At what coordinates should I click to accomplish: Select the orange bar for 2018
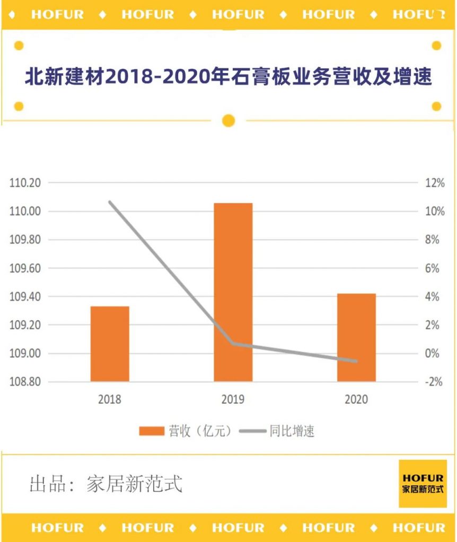110,344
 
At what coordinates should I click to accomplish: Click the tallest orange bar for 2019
233,292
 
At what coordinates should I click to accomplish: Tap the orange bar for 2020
356,337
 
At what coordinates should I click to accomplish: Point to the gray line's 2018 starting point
110,202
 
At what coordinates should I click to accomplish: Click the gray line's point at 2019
233,344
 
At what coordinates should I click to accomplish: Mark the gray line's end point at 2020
356,362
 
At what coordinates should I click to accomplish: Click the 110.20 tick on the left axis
25,183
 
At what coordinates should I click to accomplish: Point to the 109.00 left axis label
25,354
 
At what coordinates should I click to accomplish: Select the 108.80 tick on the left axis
25,382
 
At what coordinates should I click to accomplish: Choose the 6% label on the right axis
433,268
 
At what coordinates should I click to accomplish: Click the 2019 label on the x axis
233,399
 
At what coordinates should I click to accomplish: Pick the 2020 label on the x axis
356,399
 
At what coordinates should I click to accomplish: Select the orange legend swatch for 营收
152,431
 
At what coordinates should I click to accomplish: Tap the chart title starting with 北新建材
228,77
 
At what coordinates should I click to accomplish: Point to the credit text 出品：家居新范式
106,484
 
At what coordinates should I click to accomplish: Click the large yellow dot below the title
228,121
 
